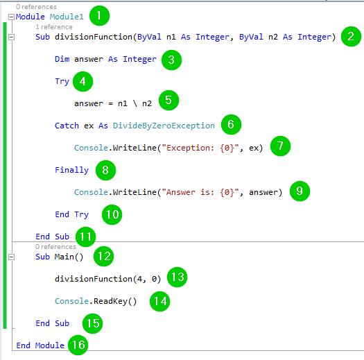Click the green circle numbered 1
99,16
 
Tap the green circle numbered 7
280,146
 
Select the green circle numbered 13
177,277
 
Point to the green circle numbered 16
78,345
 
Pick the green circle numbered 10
112,214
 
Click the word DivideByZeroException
164,126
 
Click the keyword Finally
71,170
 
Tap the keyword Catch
67,126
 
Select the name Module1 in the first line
67,17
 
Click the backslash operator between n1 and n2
135,103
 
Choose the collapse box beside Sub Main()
11,257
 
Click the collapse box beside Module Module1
11,17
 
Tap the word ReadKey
110,301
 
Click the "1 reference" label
54,27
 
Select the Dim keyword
62,59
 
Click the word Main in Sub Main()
64,257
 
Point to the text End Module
40,345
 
